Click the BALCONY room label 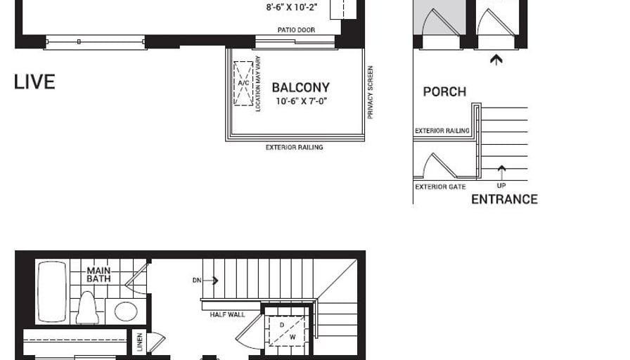coord(300,87)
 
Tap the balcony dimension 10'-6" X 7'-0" coord(301,101)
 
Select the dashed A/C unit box coord(243,83)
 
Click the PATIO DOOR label coord(296,30)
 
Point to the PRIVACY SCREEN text coord(371,92)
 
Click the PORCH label coord(445,91)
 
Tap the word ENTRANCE coord(504,199)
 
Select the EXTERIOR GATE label coord(440,187)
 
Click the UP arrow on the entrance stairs coord(501,173)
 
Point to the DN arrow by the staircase coord(210,281)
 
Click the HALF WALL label coord(227,314)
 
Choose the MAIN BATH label coord(99,274)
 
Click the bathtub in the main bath coord(52,292)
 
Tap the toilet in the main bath coord(88,308)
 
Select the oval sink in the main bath coord(126,311)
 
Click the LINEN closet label coord(139,342)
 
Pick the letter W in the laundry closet coord(292,337)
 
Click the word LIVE coord(34,82)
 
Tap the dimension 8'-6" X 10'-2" coord(292,7)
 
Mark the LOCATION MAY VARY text coord(258,84)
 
